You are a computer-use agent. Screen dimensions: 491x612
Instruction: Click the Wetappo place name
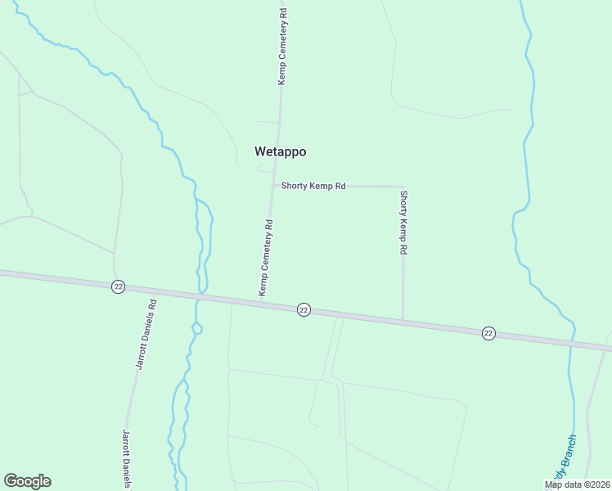tap(280, 151)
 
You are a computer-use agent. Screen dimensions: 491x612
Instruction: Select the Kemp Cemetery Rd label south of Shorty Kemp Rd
tap(265, 257)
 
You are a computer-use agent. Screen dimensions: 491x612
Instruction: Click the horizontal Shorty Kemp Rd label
tap(313, 186)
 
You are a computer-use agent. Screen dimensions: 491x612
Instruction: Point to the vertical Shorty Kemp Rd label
tap(403, 223)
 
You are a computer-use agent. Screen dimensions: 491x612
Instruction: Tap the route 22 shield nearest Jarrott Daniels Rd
tap(119, 286)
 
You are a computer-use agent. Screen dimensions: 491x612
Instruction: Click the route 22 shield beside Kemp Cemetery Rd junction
tap(304, 309)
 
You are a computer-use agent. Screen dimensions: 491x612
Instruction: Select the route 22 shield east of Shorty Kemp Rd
tap(488, 332)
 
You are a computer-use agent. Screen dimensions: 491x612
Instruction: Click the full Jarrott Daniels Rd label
tap(146, 334)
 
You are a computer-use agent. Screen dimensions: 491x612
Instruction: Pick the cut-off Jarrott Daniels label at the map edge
tap(127, 459)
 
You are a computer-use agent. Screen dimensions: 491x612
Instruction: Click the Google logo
tap(27, 481)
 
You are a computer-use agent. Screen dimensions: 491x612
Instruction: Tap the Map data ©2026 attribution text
tap(577, 484)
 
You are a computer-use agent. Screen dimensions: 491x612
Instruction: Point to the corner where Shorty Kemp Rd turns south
tap(402, 187)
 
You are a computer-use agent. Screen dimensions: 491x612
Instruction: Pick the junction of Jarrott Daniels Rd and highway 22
tap(152, 291)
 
